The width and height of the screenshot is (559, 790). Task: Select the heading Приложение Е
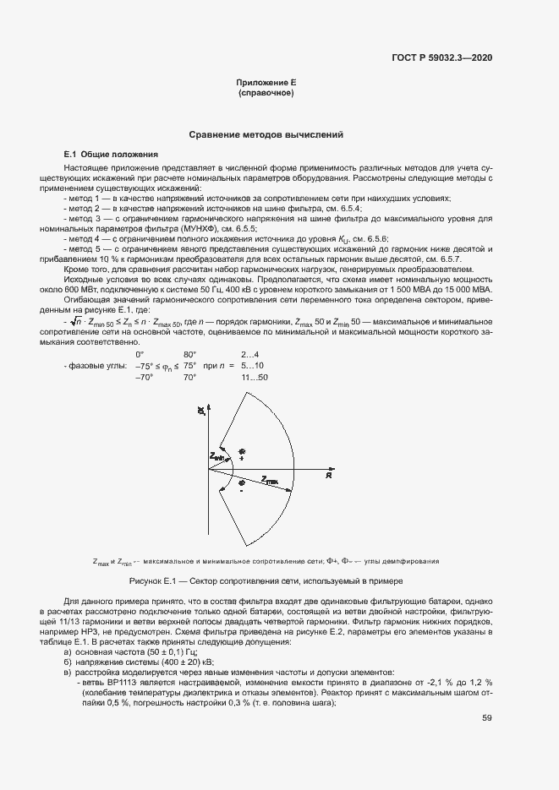(266, 83)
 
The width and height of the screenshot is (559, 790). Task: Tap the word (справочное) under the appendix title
(266, 92)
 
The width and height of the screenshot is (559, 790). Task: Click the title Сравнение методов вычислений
(266, 134)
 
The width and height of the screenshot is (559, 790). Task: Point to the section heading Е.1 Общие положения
(112, 155)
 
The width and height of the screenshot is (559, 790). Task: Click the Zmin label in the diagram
(217, 457)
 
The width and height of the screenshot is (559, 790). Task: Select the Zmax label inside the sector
(270, 481)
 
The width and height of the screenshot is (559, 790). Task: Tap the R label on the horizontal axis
(327, 477)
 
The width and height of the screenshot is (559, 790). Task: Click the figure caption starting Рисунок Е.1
(266, 581)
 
